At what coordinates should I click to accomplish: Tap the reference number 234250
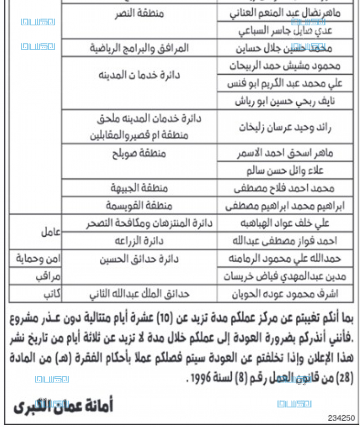click(342, 417)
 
